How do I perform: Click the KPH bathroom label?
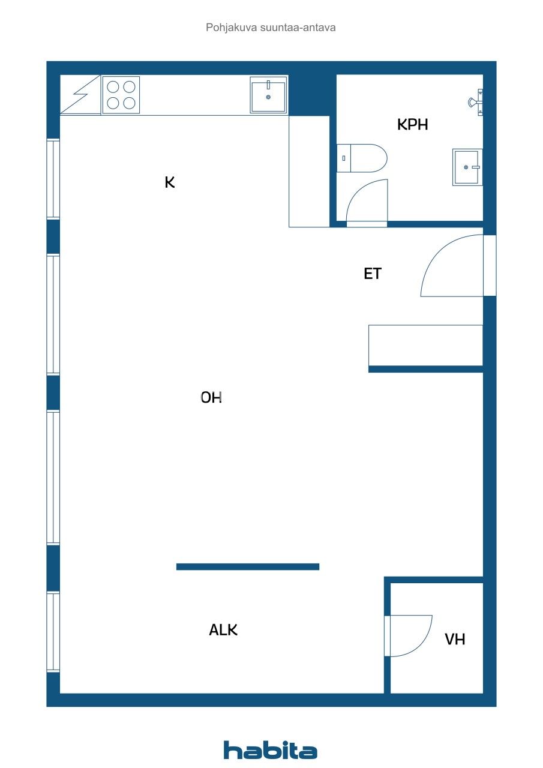[413, 125]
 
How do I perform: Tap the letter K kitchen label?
[170, 182]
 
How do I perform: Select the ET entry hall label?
[373, 274]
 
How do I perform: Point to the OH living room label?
[211, 397]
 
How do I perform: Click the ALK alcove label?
[223, 630]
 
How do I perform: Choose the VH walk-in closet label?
[455, 639]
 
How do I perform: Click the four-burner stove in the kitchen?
[121, 95]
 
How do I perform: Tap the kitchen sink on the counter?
[268, 95]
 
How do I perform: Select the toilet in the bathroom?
[361, 158]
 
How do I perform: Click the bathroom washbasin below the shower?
[467, 167]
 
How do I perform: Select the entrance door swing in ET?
[451, 266]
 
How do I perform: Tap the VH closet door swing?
[410, 635]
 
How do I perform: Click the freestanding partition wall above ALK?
[247, 566]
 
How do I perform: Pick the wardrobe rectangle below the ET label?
[425, 345]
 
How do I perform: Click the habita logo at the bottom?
[271, 750]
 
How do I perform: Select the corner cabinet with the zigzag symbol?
[80, 95]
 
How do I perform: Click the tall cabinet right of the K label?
[309, 172]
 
